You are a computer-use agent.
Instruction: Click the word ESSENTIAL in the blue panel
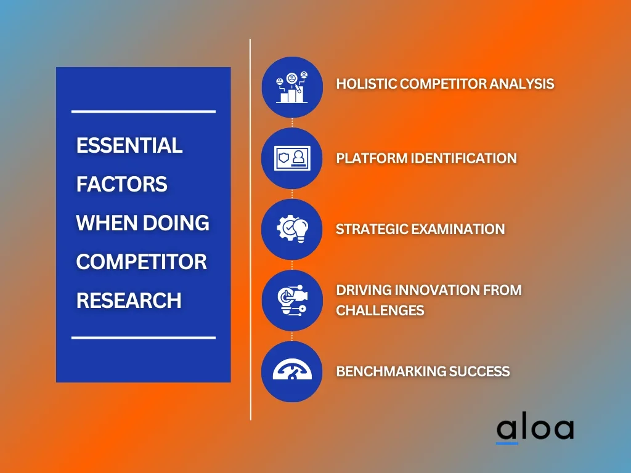(129, 145)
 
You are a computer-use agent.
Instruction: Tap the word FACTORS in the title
(121, 184)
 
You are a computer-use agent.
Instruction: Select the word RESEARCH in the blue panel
(129, 301)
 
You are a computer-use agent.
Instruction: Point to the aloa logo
(535, 429)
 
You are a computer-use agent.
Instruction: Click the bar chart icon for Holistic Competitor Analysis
(292, 87)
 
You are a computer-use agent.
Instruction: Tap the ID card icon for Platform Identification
(292, 158)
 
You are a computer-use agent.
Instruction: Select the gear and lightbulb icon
(293, 229)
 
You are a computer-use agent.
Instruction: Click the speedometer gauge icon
(292, 369)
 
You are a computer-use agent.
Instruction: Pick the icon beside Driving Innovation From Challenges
(293, 300)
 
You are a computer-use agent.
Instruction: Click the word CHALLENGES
(380, 310)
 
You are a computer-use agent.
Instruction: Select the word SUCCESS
(479, 371)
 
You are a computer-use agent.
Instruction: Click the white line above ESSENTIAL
(144, 111)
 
